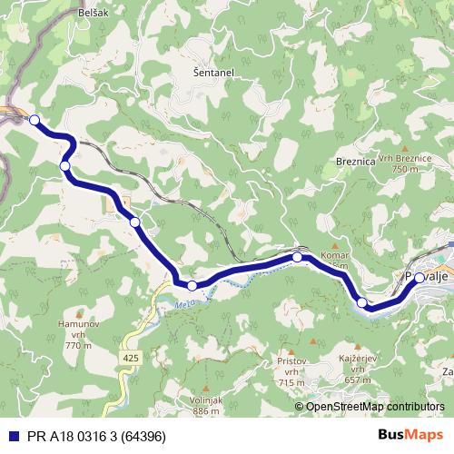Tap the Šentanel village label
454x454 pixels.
pos(213,71)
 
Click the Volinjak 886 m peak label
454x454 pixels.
pos(208,405)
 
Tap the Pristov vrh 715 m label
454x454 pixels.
pos(291,371)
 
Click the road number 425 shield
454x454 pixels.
pos(132,360)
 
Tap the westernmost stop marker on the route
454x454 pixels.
pos(35,120)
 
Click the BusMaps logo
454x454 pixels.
pos(410,436)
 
